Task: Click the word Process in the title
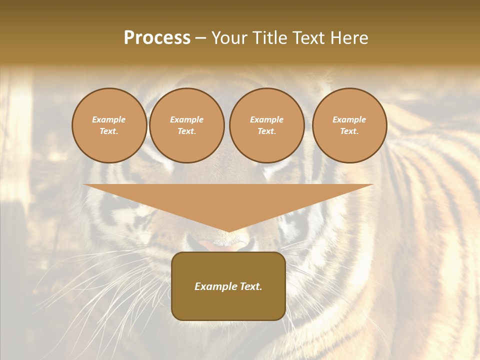157,38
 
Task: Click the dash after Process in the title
200,38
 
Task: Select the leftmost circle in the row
109,125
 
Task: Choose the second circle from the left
186,125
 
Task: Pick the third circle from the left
266,125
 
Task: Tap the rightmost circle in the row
349,125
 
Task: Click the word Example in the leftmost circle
109,119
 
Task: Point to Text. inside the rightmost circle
349,131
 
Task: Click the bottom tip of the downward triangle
228,231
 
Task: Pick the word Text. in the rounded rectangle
251,286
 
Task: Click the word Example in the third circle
266,119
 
